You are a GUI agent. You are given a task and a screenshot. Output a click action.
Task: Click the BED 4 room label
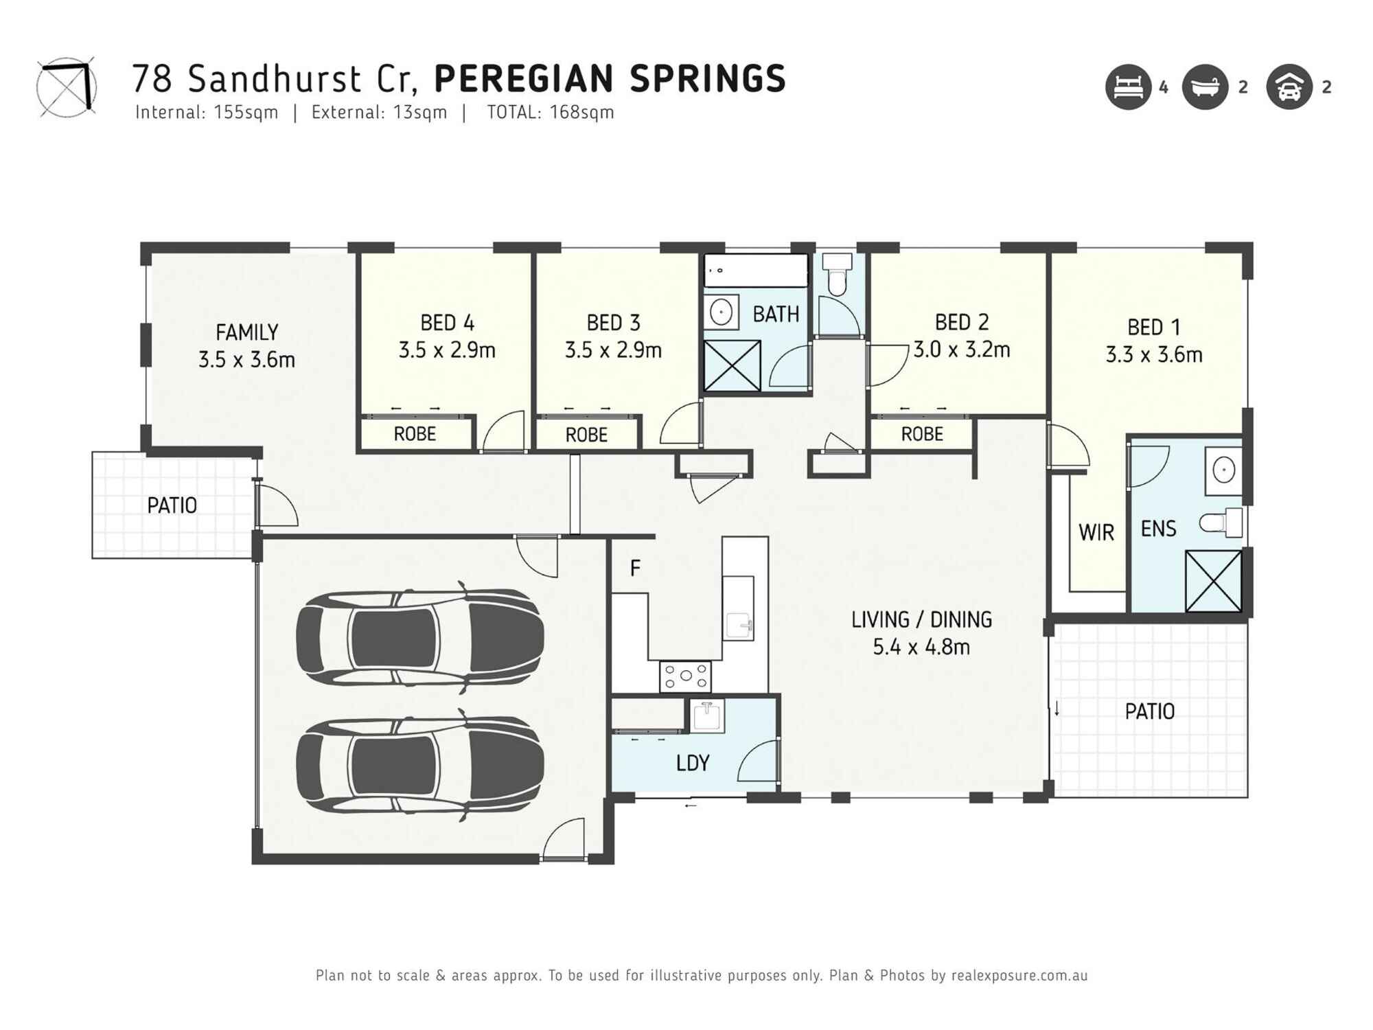(447, 323)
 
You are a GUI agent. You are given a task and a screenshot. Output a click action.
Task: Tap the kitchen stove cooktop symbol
(685, 676)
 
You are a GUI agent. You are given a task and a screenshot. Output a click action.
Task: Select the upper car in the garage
(420, 637)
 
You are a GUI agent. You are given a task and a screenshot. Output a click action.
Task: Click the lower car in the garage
(420, 766)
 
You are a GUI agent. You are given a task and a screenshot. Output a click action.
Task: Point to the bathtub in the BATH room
(756, 271)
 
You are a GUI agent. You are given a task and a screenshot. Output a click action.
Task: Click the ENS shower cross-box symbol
(1213, 581)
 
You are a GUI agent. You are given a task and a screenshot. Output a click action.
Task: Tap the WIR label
(1096, 532)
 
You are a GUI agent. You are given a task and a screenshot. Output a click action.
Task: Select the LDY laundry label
(692, 763)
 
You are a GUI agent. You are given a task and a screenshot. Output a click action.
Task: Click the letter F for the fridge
(635, 569)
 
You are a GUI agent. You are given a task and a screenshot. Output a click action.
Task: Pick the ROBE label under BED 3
(586, 435)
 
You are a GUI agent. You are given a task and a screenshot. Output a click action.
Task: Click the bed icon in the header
(1128, 87)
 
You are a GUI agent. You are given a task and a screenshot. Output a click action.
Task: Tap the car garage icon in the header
(1289, 87)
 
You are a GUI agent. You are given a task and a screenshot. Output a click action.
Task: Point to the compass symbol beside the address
(66, 87)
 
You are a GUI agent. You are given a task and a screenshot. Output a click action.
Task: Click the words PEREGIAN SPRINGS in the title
(610, 79)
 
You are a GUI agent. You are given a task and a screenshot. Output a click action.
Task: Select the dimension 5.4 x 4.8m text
(921, 647)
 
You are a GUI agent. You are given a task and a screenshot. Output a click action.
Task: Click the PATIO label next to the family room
(172, 506)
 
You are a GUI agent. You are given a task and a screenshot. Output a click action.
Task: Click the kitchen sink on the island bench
(739, 625)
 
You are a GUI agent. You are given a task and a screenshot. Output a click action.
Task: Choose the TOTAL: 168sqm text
(550, 113)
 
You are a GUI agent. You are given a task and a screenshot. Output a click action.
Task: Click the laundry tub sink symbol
(706, 716)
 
